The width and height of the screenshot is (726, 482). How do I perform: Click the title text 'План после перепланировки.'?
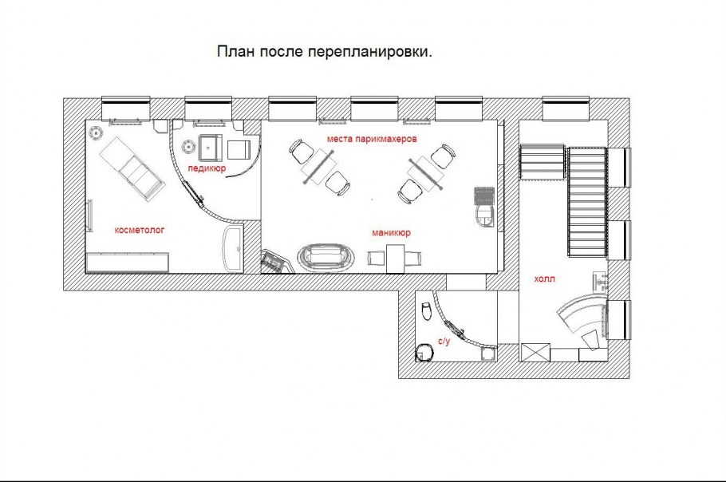click(x=324, y=51)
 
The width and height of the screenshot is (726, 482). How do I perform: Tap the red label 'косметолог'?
click(x=140, y=230)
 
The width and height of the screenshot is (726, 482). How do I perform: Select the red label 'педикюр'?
click(x=207, y=168)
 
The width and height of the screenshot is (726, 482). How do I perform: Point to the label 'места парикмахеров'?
click(x=373, y=138)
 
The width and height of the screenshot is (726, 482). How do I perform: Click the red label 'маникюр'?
click(x=391, y=232)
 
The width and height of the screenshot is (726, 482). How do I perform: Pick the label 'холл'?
click(x=544, y=279)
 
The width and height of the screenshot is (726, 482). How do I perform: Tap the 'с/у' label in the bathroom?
click(x=444, y=342)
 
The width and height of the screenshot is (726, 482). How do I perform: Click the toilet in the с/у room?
click(x=427, y=310)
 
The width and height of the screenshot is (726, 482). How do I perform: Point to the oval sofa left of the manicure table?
click(x=326, y=255)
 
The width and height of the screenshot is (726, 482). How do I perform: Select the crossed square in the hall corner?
click(x=535, y=353)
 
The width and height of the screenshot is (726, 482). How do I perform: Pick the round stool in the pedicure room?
click(x=189, y=146)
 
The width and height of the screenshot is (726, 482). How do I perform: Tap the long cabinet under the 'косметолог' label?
click(x=128, y=262)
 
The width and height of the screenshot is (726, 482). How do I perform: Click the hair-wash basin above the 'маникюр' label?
click(x=483, y=217)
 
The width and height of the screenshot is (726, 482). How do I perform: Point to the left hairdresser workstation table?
click(x=319, y=167)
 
